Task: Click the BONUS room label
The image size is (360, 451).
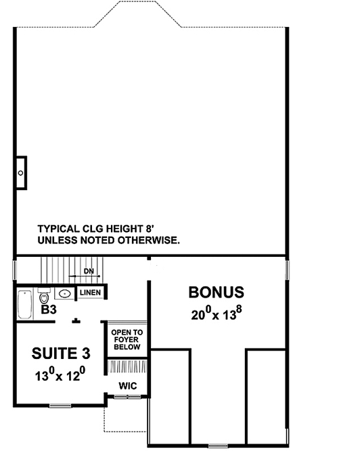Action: coord(216,293)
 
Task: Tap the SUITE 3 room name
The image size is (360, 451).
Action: coord(60,354)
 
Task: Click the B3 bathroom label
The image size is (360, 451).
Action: coord(48,311)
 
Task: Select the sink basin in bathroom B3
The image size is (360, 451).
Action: coord(65,293)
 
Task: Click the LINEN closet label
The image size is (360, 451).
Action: coord(90,292)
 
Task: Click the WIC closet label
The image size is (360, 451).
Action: coord(128,385)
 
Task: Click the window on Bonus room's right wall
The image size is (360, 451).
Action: coord(289,270)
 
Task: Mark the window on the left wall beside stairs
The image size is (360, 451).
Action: coord(14,270)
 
